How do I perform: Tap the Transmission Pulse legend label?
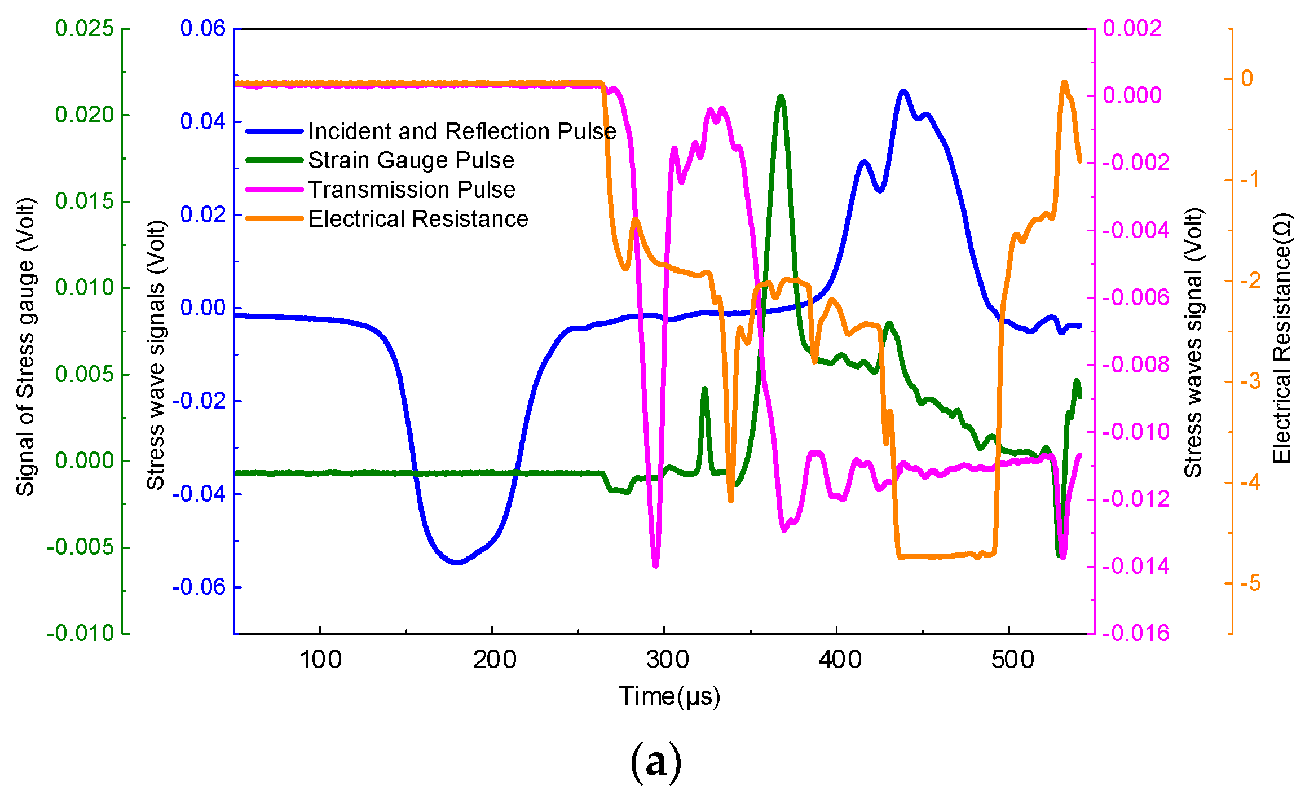pyautogui.click(x=411, y=190)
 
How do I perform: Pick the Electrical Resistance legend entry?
pyautogui.click(x=418, y=219)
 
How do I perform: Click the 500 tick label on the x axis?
pyautogui.click(x=1012, y=660)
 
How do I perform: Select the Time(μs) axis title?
pyautogui.click(x=669, y=696)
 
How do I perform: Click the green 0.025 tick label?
pyautogui.click(x=85, y=28)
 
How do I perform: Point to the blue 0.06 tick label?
pyautogui.click(x=202, y=28)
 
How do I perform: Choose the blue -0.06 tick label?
pyautogui.click(x=199, y=587)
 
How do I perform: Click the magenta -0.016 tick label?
pyautogui.click(x=1135, y=633)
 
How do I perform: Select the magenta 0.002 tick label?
pyautogui.click(x=1132, y=28)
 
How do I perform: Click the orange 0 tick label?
pyautogui.click(x=1247, y=78)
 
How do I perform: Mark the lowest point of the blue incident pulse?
pyautogui.click(x=457, y=563)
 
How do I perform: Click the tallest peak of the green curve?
pyautogui.click(x=781, y=96)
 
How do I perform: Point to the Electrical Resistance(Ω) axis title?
pyautogui.click(x=1281, y=338)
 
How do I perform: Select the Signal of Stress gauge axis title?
pyautogui.click(x=25, y=346)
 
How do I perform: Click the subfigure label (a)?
pyautogui.click(x=655, y=763)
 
